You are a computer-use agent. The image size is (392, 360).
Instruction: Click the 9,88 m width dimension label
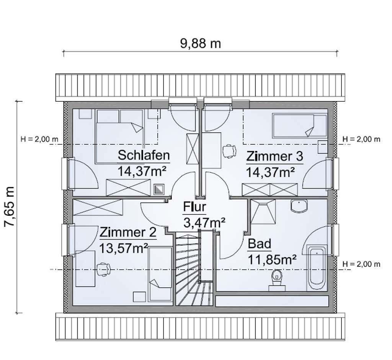pyautogui.click(x=201, y=44)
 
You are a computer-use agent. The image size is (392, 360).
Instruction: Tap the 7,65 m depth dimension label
pyautogui.click(x=10, y=206)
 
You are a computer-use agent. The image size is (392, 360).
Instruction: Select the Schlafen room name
pyautogui.click(x=144, y=155)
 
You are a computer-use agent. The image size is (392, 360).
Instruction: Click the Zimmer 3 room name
pyautogui.click(x=274, y=156)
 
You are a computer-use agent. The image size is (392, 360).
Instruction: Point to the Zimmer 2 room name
pyautogui.click(x=128, y=232)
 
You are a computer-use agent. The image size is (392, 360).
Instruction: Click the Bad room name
pyautogui.click(x=260, y=244)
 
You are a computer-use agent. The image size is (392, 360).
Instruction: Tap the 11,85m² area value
pyautogui.click(x=272, y=259)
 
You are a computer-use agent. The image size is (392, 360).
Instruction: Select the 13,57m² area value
pyautogui.click(x=124, y=248)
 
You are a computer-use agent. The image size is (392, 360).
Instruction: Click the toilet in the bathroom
pyautogui.click(x=277, y=280)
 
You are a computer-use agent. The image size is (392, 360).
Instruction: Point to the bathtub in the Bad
pyautogui.click(x=317, y=268)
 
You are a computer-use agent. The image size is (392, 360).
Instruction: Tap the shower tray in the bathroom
pyautogui.click(x=263, y=211)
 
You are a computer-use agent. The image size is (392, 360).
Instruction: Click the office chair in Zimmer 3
pyautogui.click(x=229, y=151)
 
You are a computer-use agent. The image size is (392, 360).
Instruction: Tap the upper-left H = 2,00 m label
pyautogui.click(x=39, y=139)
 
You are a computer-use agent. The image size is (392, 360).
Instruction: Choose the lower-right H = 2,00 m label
pyautogui.click(x=361, y=264)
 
